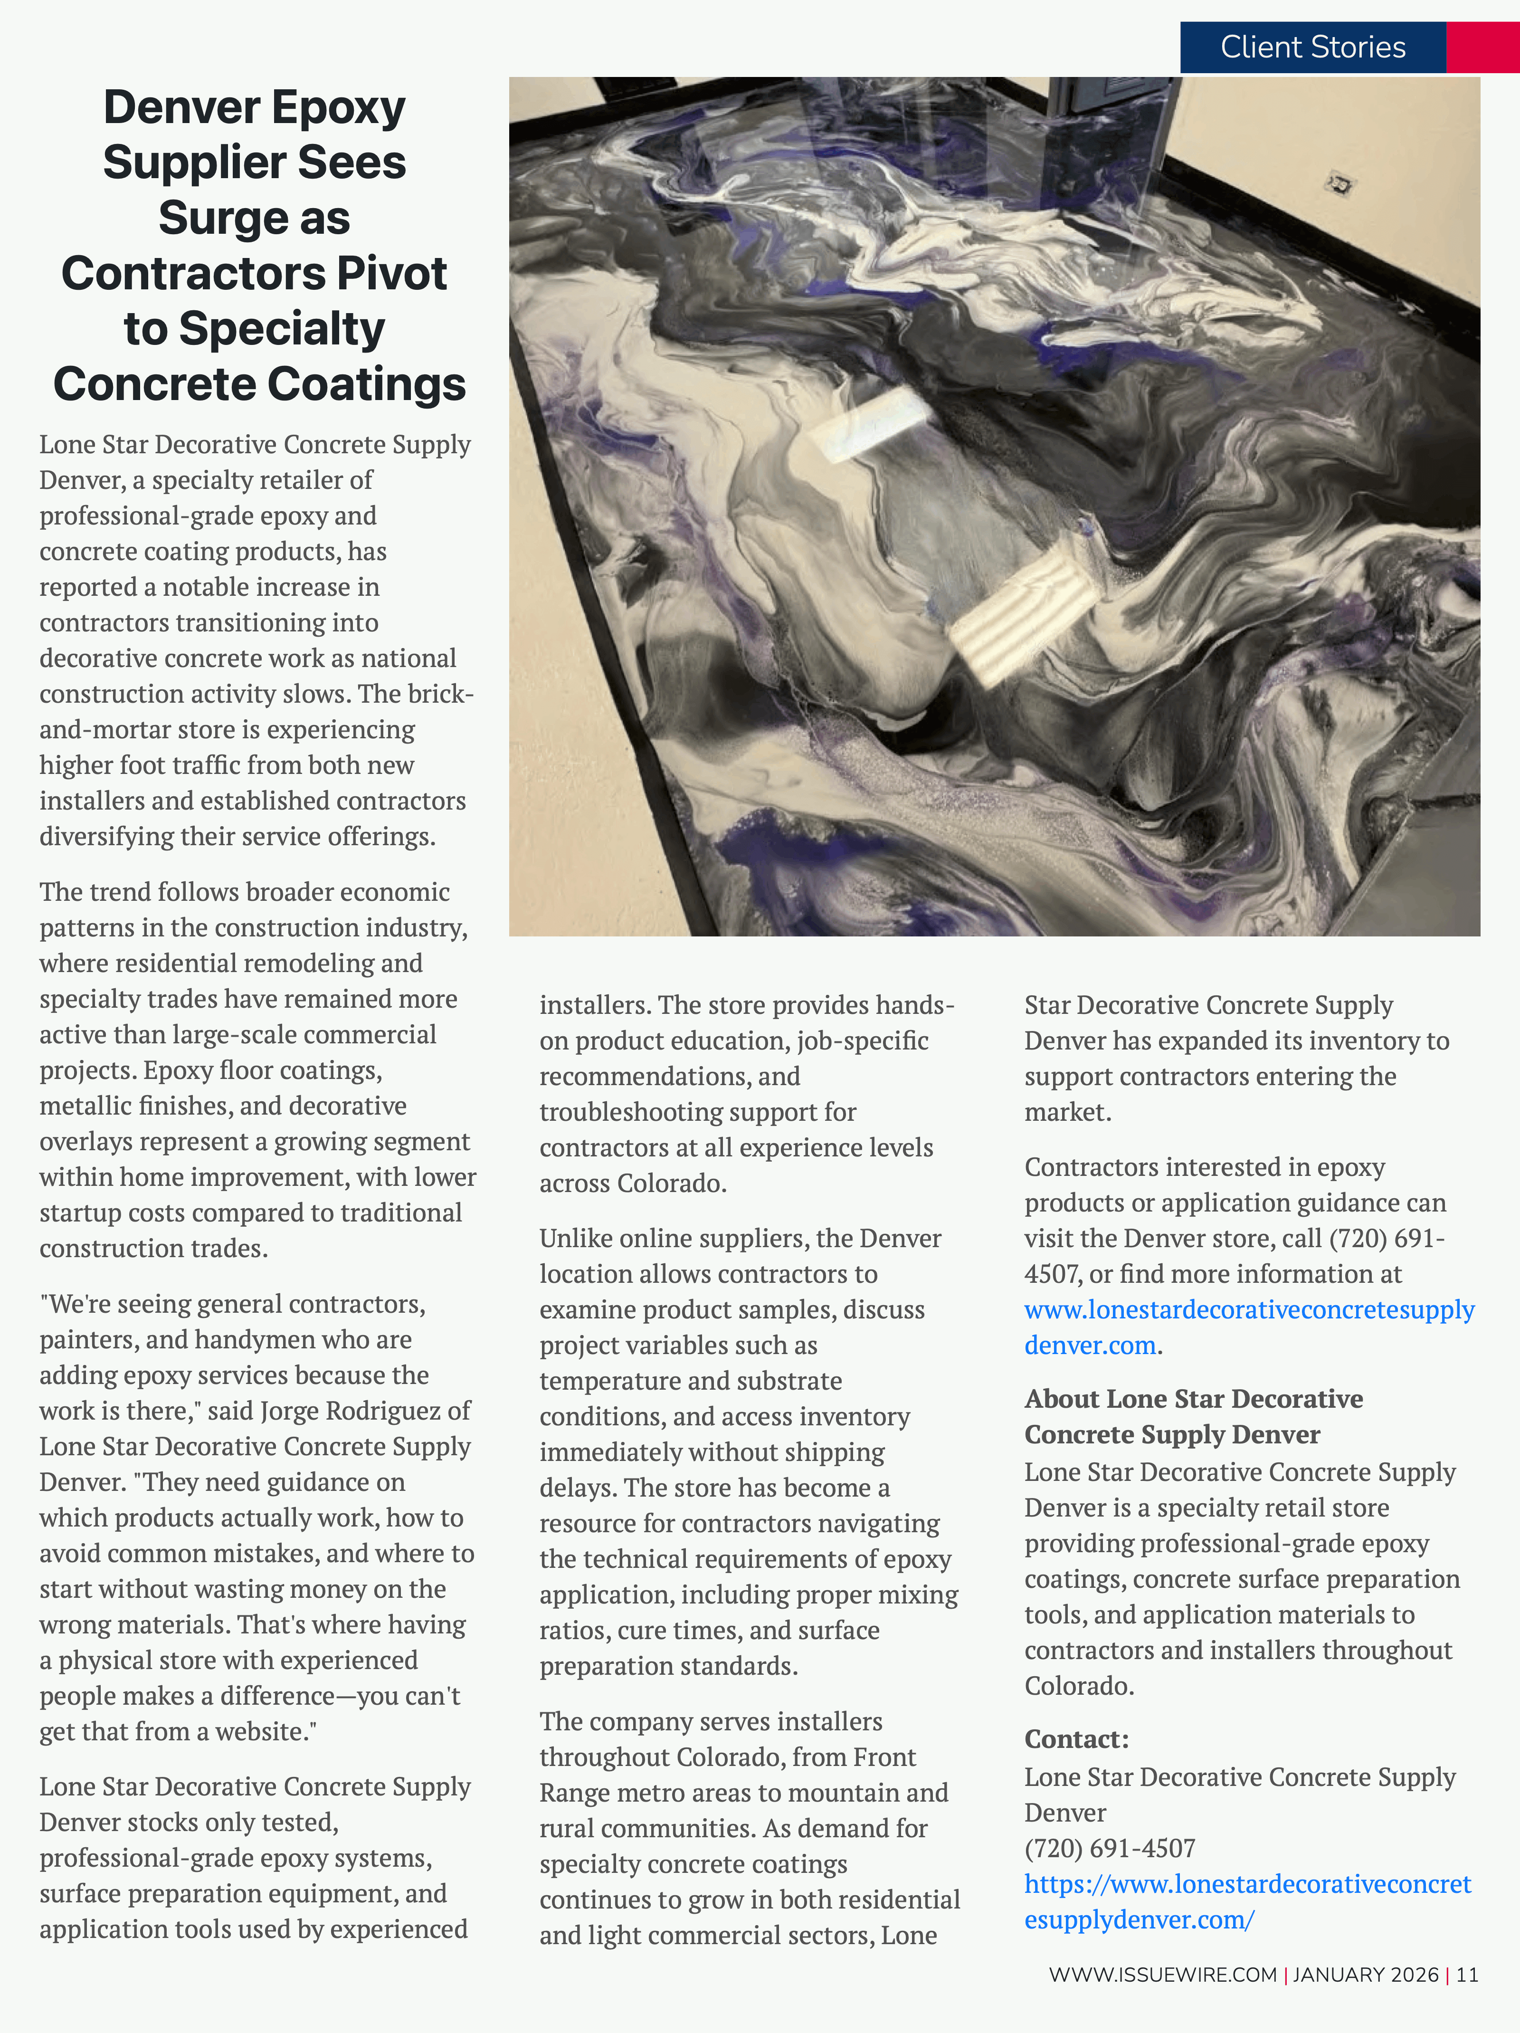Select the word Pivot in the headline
(x=391, y=273)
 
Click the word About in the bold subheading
(x=1062, y=1399)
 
